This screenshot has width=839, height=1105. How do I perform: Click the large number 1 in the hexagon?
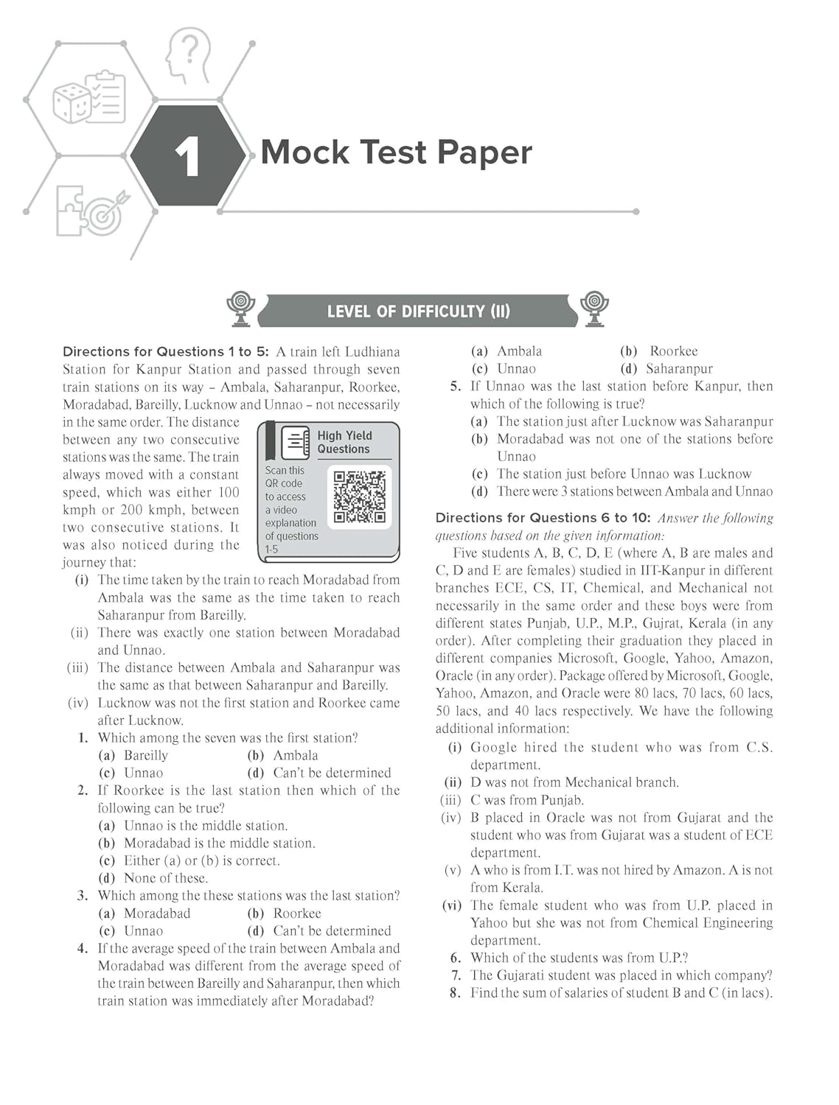coord(187,156)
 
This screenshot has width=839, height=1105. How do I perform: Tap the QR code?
coord(359,497)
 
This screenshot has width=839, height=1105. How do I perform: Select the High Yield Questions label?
coord(344,442)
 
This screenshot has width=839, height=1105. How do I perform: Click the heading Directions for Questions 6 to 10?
coord(543,518)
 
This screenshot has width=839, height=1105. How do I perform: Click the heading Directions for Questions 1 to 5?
coord(166,351)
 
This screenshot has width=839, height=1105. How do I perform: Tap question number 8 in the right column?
coord(455,993)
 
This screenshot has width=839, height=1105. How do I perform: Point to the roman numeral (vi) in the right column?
coord(452,905)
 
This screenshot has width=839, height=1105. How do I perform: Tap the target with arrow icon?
coord(108,213)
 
